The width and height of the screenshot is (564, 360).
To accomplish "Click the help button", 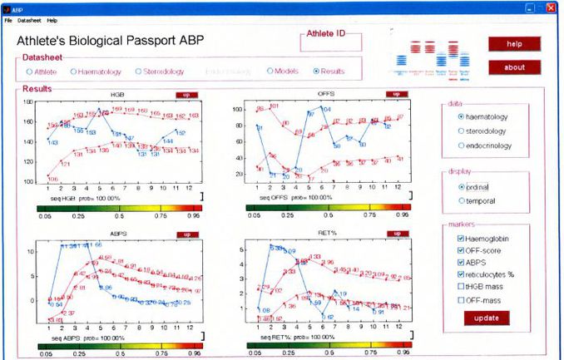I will coord(514,43).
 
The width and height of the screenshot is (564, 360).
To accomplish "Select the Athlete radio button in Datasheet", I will coord(29,72).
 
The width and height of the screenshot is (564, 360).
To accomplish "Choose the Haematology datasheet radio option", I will coord(74,72).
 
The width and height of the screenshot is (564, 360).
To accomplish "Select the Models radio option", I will coord(270,72).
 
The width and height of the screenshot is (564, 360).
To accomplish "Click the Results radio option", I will coord(316,72).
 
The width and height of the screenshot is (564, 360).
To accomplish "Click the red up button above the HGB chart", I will coord(186,94).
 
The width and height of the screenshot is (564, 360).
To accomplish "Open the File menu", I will coord(8,19).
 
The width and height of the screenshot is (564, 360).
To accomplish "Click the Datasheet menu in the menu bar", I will coord(29,19).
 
